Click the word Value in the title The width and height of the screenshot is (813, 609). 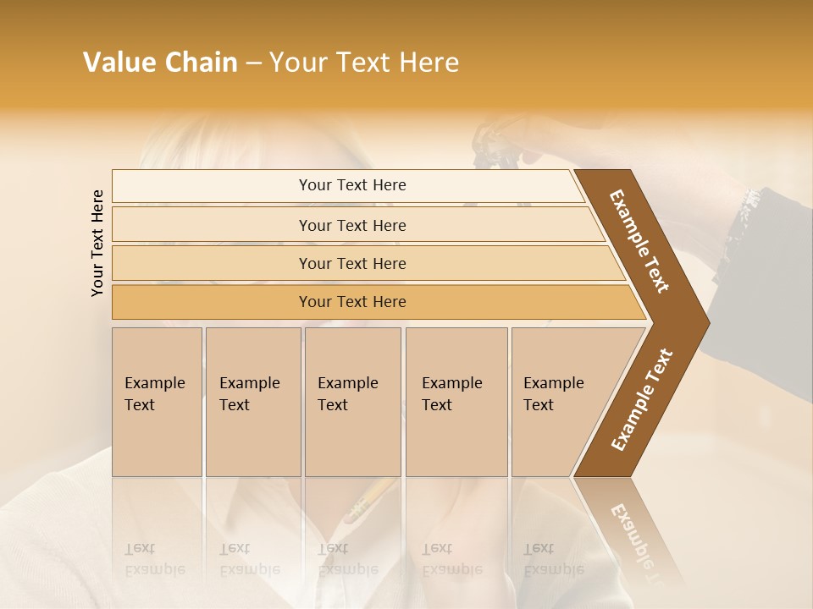coord(119,63)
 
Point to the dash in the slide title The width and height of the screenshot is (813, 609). coord(253,63)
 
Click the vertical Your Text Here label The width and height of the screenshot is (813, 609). coord(97,243)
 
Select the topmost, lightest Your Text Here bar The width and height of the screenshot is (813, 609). coord(352,185)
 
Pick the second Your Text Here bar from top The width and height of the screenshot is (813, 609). coord(352,225)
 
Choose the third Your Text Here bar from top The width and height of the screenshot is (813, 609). coord(352,263)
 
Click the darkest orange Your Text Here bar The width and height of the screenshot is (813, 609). coord(352,302)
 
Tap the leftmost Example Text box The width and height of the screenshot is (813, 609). coord(157,402)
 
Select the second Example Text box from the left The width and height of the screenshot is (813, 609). coord(252,402)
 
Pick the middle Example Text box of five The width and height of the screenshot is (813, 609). coord(352,402)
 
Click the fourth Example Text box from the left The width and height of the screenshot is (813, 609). coord(456,402)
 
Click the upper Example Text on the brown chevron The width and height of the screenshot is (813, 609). coord(639,242)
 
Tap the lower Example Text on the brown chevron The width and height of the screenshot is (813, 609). coord(641,399)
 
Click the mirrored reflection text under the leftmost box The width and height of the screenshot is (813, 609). coord(154,559)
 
